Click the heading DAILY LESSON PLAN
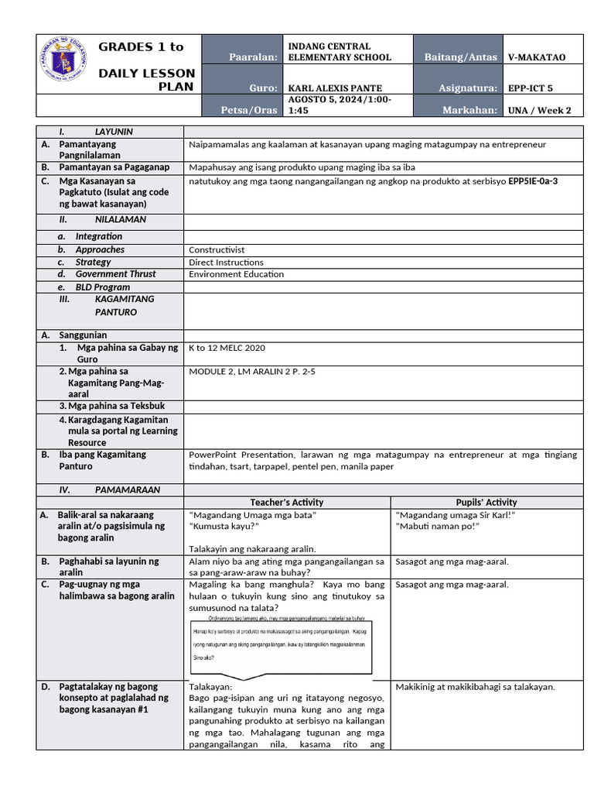coord(147,79)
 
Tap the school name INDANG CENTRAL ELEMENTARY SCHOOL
coord(340,52)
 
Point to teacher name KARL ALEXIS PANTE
coord(335,88)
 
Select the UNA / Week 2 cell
coord(539,110)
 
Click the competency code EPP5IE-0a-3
coord(533,181)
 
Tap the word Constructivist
coord(217,250)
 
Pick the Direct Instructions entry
coord(226,263)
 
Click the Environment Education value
coord(236,274)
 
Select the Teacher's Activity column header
coord(287,503)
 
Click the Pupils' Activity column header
coord(486,503)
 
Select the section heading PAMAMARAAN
coord(128,490)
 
